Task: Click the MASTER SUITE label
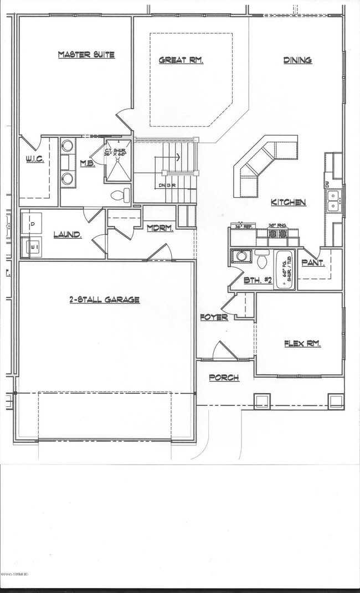[86, 54]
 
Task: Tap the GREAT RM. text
[181, 60]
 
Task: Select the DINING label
[297, 60]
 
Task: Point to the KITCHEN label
[288, 203]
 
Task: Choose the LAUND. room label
[68, 235]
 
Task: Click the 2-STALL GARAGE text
[104, 300]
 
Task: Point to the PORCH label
[224, 378]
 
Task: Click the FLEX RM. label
[302, 343]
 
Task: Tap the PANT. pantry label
[313, 263]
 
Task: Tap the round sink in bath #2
[241, 257]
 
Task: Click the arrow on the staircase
[178, 158]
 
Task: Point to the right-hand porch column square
[336, 401]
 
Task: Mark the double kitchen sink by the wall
[333, 200]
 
